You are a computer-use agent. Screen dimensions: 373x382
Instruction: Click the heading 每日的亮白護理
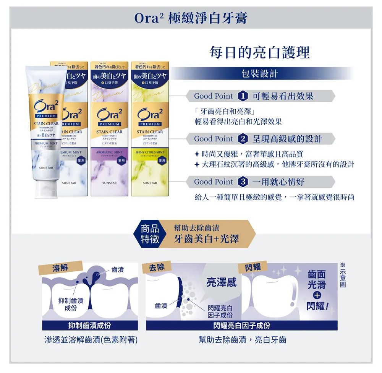pyautogui.click(x=260, y=53)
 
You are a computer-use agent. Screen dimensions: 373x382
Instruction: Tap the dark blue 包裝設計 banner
pyautogui.click(x=260, y=74)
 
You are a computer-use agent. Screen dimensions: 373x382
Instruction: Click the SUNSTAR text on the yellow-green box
pyautogui.click(x=150, y=183)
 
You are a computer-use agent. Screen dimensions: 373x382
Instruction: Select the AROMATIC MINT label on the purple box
pyautogui.click(x=109, y=152)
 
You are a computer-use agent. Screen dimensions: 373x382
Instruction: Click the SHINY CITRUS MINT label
pyautogui.click(x=150, y=152)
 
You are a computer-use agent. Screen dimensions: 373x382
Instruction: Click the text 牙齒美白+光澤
pyautogui.click(x=206, y=239)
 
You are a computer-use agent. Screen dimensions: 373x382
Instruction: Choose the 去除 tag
pyautogui.click(x=157, y=267)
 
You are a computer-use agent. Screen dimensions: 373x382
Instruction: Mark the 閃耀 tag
pyautogui.click(x=253, y=267)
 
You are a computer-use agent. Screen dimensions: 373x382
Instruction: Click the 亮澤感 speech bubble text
pyautogui.click(x=222, y=282)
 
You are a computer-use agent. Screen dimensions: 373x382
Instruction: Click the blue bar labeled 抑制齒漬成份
pyautogui.click(x=90, y=326)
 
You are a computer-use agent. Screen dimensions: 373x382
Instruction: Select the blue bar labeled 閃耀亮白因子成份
pyautogui.click(x=241, y=326)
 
